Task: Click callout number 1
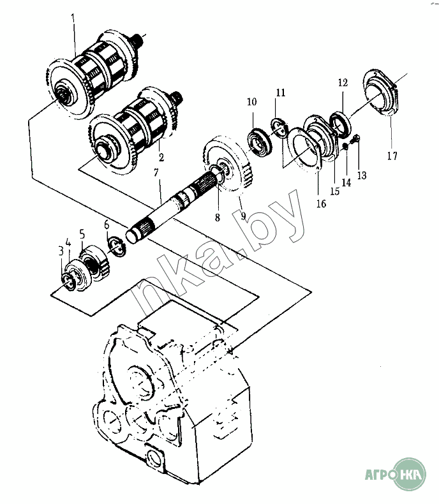(73, 17)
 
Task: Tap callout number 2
(161, 157)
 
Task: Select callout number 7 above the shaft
(156, 173)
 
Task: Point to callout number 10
(252, 102)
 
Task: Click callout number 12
(343, 82)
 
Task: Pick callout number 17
(392, 156)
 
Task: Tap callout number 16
(322, 204)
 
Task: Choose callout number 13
(362, 175)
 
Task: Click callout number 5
(82, 234)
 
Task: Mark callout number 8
(218, 218)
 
